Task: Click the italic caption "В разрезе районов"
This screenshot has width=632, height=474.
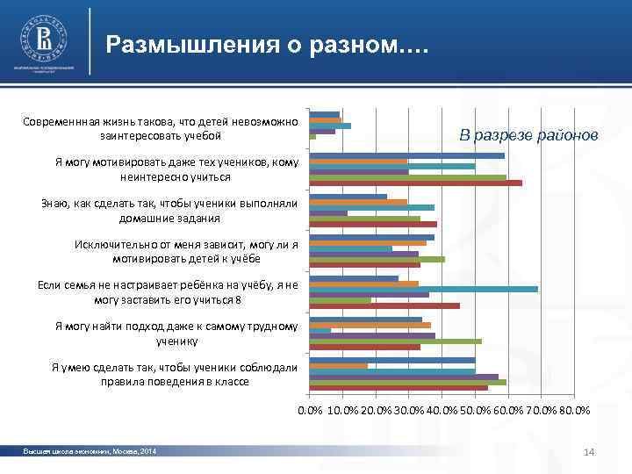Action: click(529, 135)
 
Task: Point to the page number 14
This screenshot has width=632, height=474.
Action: click(589, 451)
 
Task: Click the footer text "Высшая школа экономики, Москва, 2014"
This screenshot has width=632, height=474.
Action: click(90, 451)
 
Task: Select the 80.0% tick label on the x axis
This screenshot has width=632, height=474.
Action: click(574, 410)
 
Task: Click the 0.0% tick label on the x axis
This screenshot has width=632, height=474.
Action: click(310, 410)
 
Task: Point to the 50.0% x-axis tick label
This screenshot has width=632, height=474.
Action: click(475, 410)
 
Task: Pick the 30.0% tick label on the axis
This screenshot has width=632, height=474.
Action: click(409, 410)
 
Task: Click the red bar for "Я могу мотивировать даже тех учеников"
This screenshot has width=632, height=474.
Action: click(415, 183)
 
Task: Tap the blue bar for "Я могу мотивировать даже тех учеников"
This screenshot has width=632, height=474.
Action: click(406, 155)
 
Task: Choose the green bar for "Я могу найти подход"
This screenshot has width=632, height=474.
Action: click(395, 341)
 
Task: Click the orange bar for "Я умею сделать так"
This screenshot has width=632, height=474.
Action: click(338, 366)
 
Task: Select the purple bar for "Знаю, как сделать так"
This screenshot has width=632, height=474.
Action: click(328, 213)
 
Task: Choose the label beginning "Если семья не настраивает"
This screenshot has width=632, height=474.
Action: click(168, 291)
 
